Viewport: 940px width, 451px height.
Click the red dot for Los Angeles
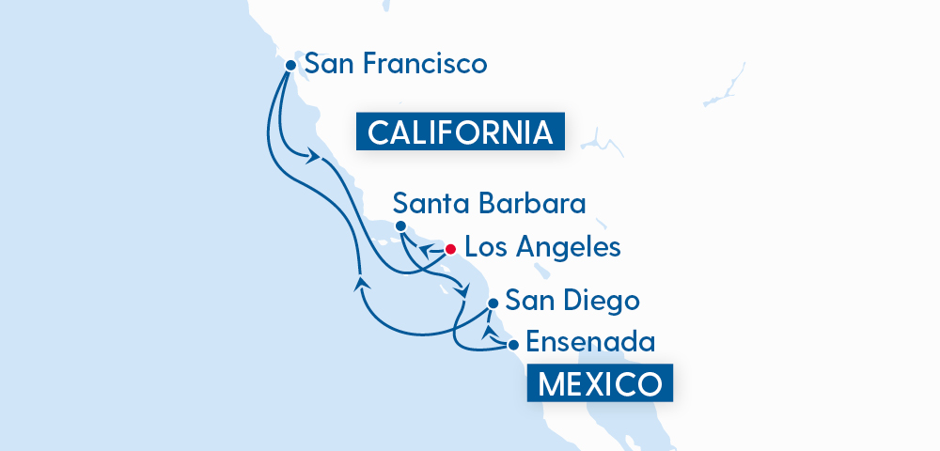450,249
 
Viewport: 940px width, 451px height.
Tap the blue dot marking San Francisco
290,66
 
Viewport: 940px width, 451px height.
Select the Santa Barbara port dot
400,226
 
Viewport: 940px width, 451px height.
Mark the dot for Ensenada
513,345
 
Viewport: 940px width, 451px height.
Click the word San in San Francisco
330,65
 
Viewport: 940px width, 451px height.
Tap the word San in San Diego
526,301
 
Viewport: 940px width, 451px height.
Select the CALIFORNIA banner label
460,132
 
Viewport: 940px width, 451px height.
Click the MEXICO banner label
600,384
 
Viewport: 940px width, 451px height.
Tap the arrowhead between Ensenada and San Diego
487,331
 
